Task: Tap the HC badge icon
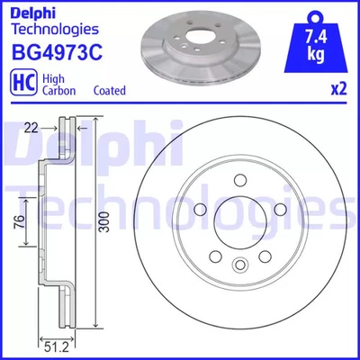click(22, 85)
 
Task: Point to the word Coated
click(110, 91)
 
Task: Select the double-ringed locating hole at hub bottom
click(239, 265)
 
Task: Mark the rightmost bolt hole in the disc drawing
click(280, 210)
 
